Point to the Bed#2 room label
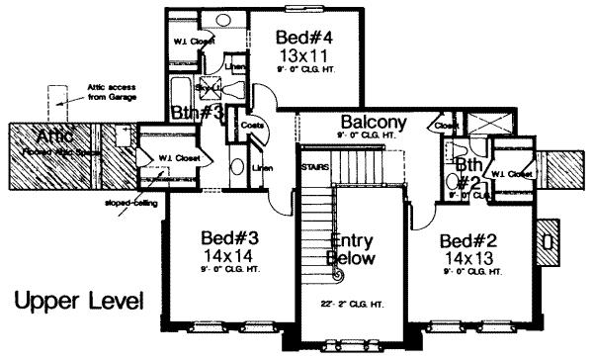tap(468, 241)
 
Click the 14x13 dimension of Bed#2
tap(468, 257)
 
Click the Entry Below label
tap(350, 250)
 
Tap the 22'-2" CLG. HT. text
tap(353, 304)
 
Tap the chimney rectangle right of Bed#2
tap(547, 238)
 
